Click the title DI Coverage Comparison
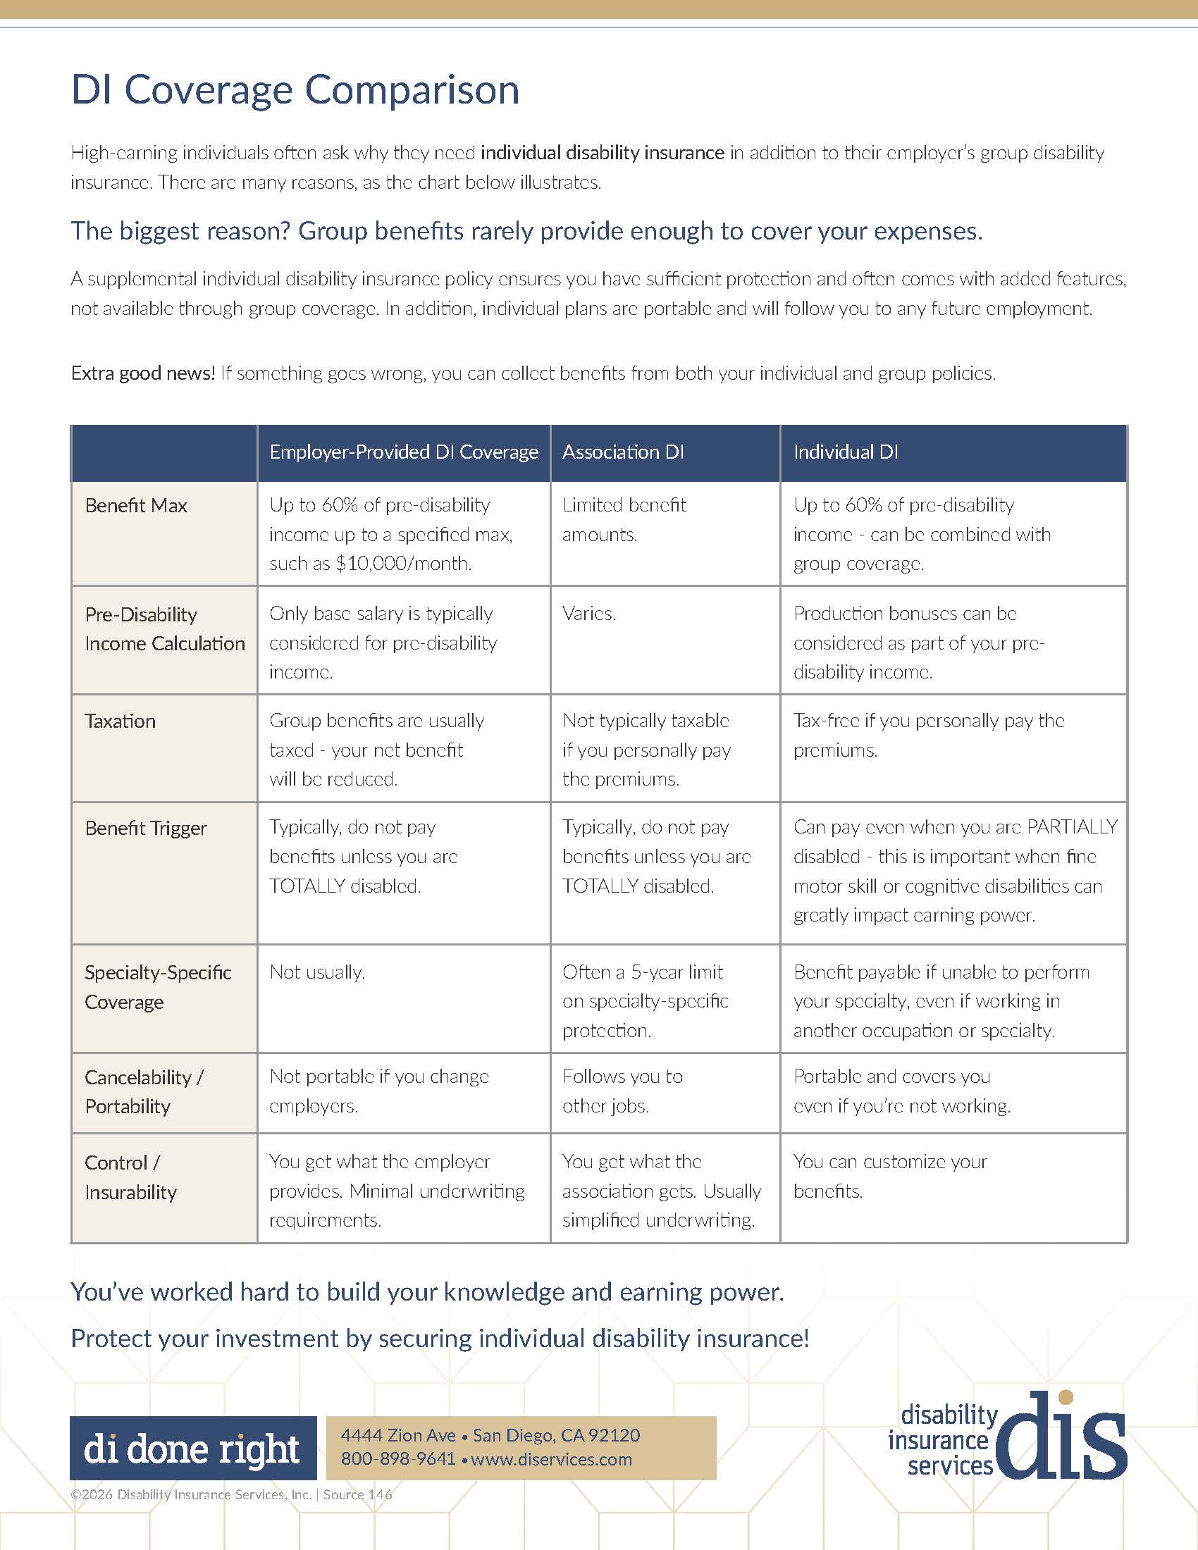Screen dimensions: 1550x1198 [x=295, y=90]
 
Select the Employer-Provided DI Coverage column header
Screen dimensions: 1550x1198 [x=403, y=452]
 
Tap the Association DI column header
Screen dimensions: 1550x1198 [x=622, y=452]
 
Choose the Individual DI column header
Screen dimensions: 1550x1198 [x=845, y=452]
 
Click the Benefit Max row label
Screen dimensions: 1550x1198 [x=135, y=505]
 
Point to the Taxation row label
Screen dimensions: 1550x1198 [x=120, y=721]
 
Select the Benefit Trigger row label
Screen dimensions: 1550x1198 [x=145, y=829]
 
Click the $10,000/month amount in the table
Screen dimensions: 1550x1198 [x=403, y=564]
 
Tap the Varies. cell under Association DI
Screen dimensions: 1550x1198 [x=589, y=613]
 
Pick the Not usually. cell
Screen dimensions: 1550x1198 [x=316, y=972]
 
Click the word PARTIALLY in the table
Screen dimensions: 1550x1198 [x=1072, y=827]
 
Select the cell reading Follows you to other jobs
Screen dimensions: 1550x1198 [x=622, y=1091]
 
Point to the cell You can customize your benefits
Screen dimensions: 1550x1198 [x=889, y=1176]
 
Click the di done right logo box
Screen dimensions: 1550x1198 [x=192, y=1449]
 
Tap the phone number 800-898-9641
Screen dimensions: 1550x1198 [x=397, y=1459]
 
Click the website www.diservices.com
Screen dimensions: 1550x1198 [x=551, y=1459]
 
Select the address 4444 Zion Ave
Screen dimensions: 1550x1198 [x=397, y=1435]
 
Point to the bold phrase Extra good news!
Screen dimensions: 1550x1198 [x=142, y=373]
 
